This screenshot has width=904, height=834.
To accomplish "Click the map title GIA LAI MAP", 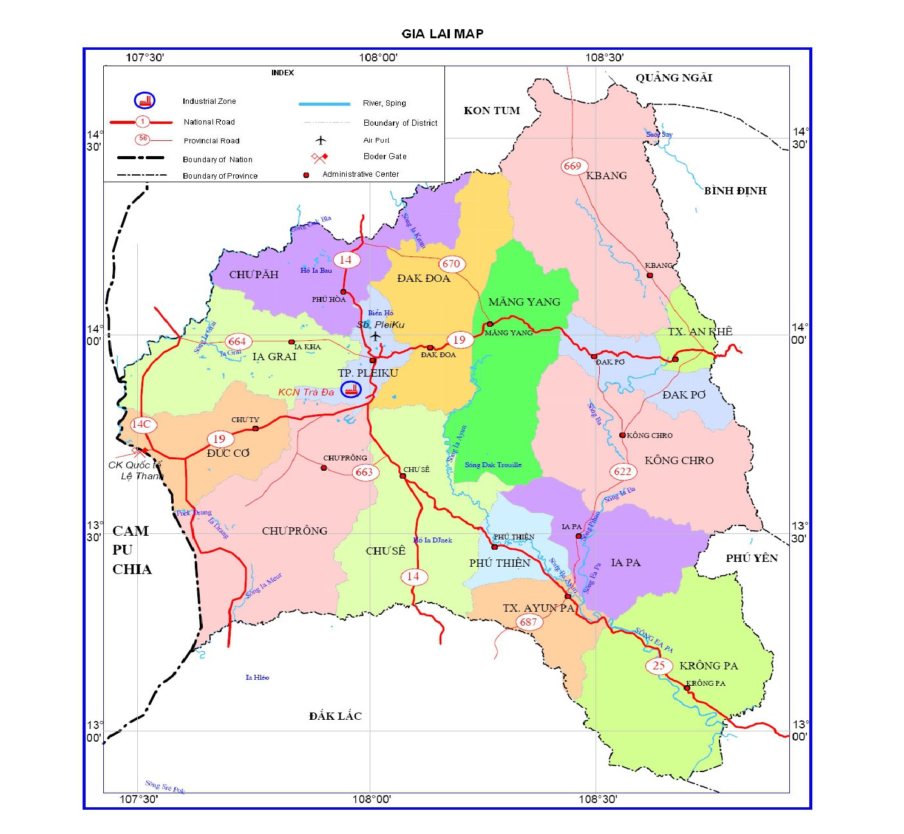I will click(x=442, y=34).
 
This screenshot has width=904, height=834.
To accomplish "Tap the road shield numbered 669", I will click(x=572, y=166).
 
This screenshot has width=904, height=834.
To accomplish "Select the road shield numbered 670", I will click(x=451, y=264).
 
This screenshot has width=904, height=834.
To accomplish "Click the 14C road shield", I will click(x=141, y=424).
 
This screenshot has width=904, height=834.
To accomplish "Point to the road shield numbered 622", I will click(x=622, y=471).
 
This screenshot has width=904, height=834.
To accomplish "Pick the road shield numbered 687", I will click(x=528, y=621).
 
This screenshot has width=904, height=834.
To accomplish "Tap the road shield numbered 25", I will click(x=659, y=665).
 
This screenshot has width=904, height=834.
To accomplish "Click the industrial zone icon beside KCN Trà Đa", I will click(x=350, y=390).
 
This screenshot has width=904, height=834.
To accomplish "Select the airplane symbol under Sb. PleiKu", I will click(x=375, y=336).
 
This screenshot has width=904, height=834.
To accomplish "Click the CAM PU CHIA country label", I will click(x=132, y=550).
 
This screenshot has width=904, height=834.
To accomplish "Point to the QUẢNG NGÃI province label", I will click(x=673, y=78).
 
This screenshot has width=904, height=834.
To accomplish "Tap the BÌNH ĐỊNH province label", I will click(x=735, y=191).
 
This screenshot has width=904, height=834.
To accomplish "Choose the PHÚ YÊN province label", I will click(x=752, y=558).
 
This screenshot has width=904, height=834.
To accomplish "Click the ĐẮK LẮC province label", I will click(x=335, y=716).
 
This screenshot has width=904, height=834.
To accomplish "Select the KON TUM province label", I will click(x=492, y=111).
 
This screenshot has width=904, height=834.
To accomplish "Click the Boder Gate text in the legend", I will click(x=385, y=157).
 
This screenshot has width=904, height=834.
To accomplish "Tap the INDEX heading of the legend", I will click(x=282, y=73).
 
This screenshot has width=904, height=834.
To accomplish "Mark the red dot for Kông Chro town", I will click(x=622, y=435).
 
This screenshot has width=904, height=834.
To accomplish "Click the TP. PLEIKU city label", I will click(x=368, y=373).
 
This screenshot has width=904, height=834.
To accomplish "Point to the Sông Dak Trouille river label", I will click(x=493, y=465).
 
